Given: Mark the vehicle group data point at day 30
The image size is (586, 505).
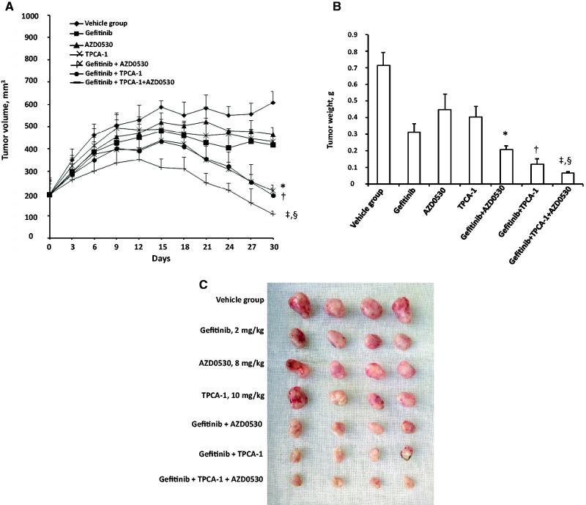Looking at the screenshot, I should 273,103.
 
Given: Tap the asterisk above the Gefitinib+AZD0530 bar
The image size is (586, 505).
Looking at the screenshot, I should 500,136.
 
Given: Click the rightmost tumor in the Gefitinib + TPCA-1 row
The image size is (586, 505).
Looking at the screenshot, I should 405,455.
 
